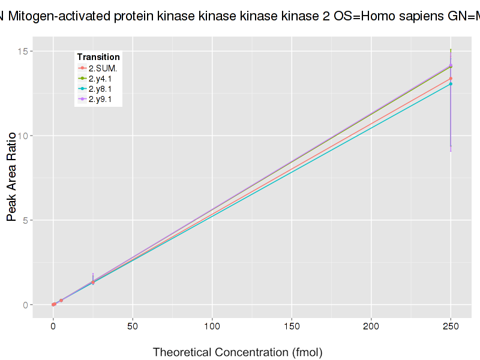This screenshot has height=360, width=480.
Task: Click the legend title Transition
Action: (98, 57)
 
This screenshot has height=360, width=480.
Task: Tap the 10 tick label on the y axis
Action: (22, 136)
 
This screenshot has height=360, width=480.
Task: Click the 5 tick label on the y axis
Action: (25, 220)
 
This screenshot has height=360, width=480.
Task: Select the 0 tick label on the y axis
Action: (25, 305)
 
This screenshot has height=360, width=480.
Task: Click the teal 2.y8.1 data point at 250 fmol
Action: (451, 84)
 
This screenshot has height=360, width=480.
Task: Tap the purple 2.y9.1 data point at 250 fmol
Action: (451, 65)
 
